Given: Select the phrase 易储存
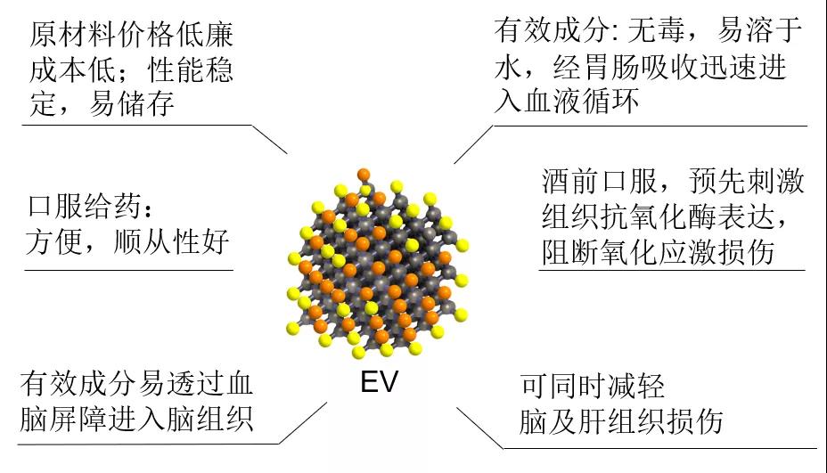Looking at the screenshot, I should pyautogui.click(x=131, y=106).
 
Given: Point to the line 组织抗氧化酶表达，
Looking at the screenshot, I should pyautogui.click(x=673, y=216).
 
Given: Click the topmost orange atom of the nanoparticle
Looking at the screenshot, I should pyautogui.click(x=363, y=174).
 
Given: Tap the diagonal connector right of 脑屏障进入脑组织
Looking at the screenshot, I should pyautogui.click(x=303, y=422).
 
